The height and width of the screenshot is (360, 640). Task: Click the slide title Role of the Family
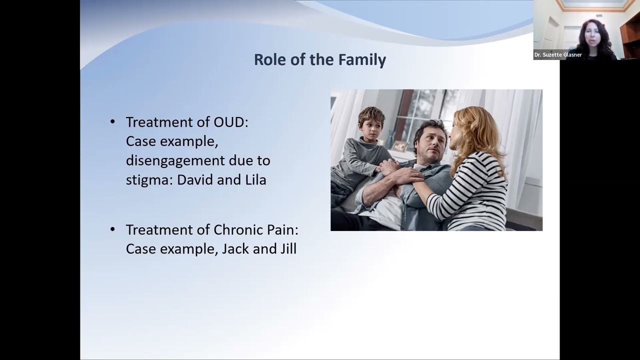pyautogui.click(x=319, y=59)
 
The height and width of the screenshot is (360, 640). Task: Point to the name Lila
pyautogui.click(x=255, y=179)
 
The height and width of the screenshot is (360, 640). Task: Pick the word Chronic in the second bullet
pyautogui.click(x=238, y=229)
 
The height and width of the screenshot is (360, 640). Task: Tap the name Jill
pyautogui.click(x=286, y=248)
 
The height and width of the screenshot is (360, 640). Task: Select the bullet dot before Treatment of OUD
pyautogui.click(x=112, y=122)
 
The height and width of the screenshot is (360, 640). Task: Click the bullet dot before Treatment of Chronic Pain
pyautogui.click(x=112, y=229)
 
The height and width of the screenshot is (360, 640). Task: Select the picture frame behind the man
pyautogui.click(x=399, y=145)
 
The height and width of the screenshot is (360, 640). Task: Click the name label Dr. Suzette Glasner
pyautogui.click(x=558, y=55)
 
